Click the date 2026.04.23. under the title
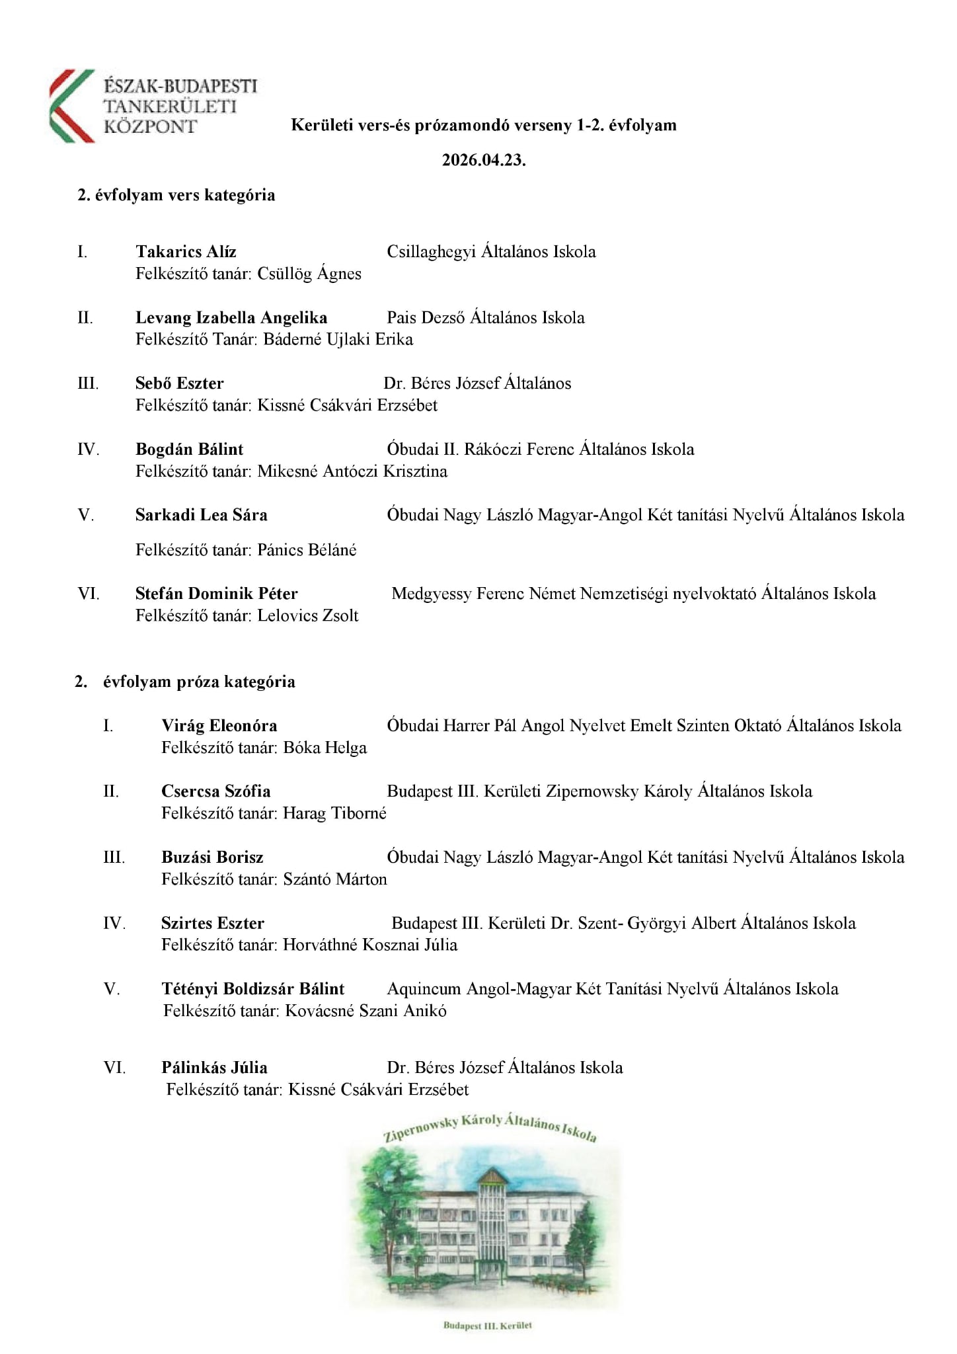click(484, 161)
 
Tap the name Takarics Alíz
click(186, 252)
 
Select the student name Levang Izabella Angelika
click(231, 318)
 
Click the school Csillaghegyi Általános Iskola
click(491, 252)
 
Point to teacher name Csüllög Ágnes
click(309, 274)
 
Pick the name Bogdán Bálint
click(189, 450)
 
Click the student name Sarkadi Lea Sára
click(201, 515)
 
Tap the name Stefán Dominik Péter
click(216, 594)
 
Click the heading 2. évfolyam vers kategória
click(176, 196)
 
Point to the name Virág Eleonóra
click(219, 726)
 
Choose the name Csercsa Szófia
click(215, 791)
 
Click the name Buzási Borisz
click(212, 857)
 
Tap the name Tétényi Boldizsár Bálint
click(252, 989)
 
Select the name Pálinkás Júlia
click(214, 1068)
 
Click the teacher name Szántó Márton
click(335, 879)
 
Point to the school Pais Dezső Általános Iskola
click(486, 318)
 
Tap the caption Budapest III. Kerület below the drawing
click(487, 1326)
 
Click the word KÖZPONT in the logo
click(151, 126)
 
